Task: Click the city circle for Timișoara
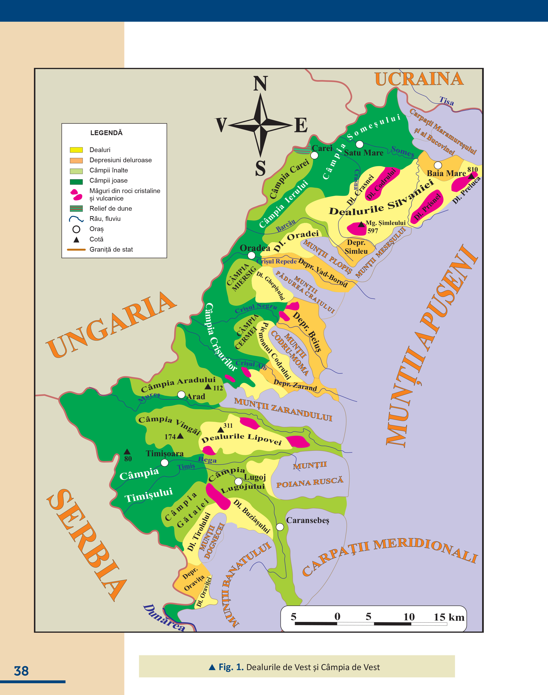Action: point(164,463)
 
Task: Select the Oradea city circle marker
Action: point(251,255)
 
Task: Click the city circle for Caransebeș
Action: point(280,527)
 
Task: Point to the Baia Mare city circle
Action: point(438,165)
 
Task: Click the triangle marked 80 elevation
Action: point(127,451)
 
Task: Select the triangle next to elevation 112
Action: point(208,387)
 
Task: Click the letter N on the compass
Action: point(260,84)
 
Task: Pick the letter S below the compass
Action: point(260,168)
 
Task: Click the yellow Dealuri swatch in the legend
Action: point(76,150)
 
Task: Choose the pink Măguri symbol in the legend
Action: point(76,194)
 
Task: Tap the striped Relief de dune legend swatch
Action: point(76,208)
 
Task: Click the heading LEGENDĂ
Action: point(106,133)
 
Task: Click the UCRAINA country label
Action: point(419,79)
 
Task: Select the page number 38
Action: point(21,671)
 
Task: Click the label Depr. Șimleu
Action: point(356,247)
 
